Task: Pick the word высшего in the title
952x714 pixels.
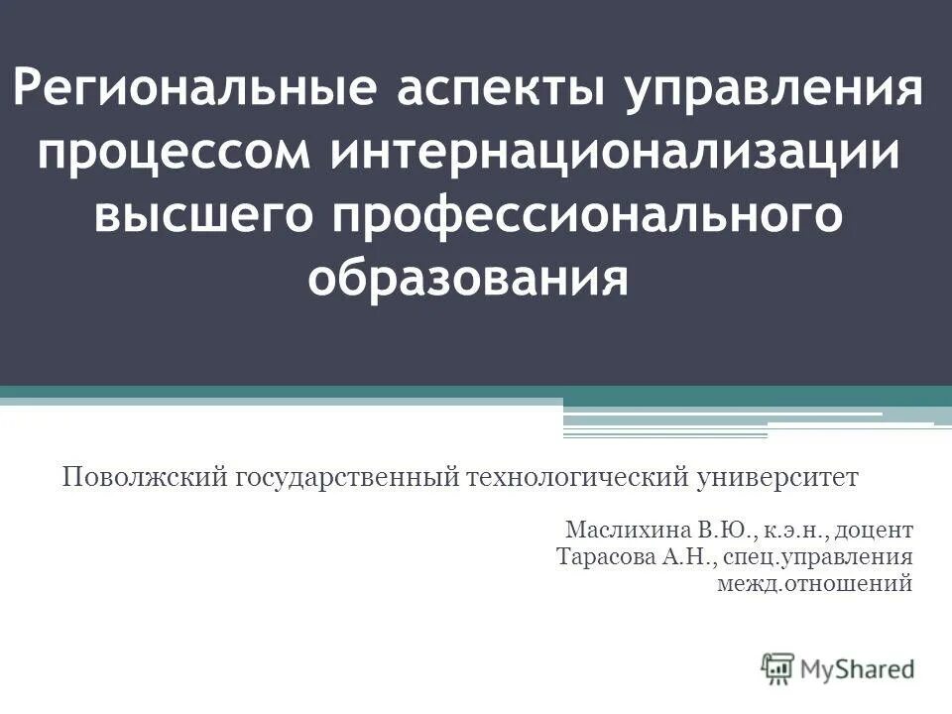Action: click(x=204, y=217)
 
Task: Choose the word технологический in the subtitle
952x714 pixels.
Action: click(x=581, y=478)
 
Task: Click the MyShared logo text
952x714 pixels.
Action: click(x=857, y=668)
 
